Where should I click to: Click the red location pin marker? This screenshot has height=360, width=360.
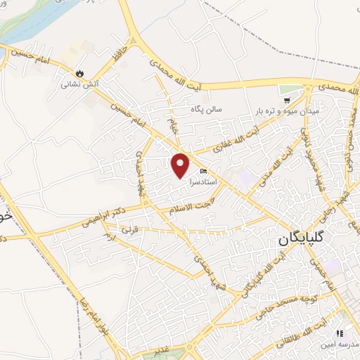[181, 165]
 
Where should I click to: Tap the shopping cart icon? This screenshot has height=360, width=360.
[308, 90]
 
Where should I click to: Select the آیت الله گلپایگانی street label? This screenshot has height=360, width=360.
[257, 274]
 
